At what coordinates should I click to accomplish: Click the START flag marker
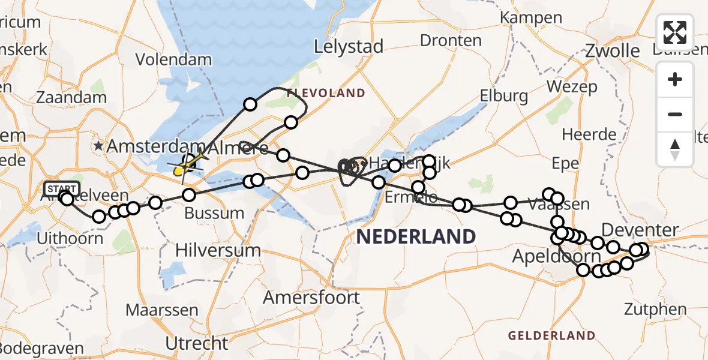61,189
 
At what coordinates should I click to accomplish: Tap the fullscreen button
675,32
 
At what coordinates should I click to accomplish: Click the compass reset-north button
675,149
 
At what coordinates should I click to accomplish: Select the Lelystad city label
349,47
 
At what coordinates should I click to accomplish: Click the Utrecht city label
197,344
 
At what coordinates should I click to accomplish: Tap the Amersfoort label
312,298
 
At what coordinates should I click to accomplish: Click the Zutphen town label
655,310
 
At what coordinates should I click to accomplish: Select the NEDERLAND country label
416,236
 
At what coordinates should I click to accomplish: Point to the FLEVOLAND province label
325,93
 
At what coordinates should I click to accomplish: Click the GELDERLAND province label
551,335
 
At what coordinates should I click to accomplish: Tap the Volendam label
173,60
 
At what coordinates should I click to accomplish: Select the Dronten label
451,41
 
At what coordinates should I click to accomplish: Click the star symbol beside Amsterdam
98,146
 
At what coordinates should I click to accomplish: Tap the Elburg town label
504,95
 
